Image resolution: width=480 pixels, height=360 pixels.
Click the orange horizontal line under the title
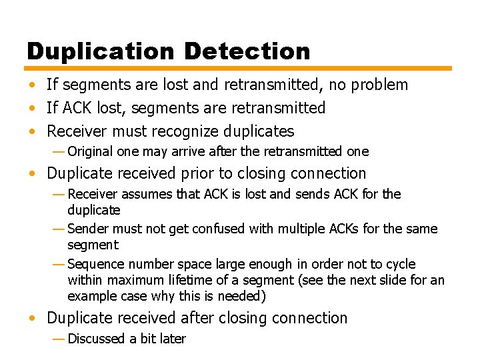(x=239, y=68)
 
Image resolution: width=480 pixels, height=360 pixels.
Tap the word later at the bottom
(x=172, y=339)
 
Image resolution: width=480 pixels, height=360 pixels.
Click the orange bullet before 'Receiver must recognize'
(x=32, y=132)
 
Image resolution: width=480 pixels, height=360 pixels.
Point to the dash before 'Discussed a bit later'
(x=59, y=339)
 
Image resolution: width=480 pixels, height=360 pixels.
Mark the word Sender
(x=88, y=229)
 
